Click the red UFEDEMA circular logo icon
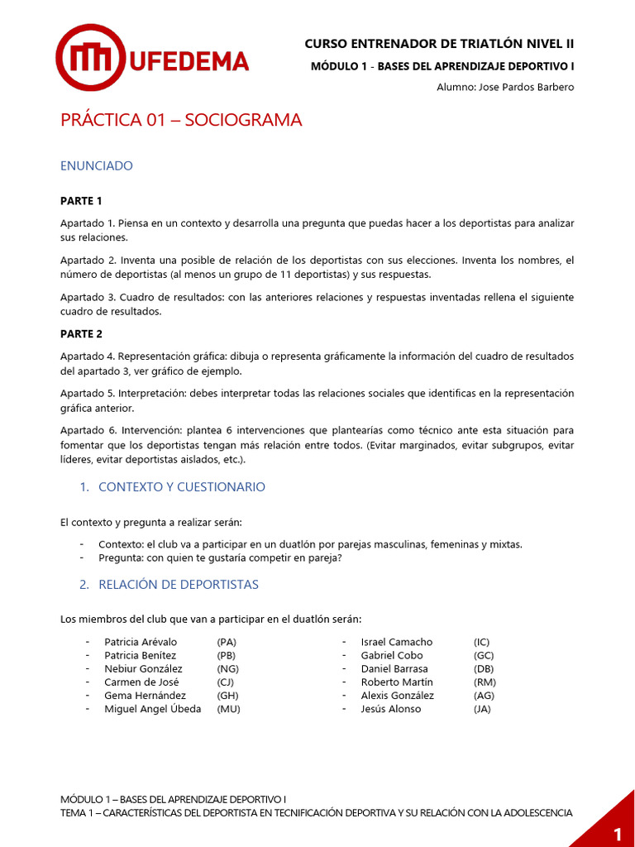coord(90,57)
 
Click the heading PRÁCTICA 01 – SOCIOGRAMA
coord(181,120)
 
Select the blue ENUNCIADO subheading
coord(96,165)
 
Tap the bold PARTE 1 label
coord(81,201)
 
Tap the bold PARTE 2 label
coord(81,334)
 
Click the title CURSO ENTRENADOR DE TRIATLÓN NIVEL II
coord(439,44)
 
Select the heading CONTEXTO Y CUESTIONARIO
coord(181,487)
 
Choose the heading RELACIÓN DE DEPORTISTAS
coord(178,585)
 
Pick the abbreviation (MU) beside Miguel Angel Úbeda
coord(228,709)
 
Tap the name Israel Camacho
coord(397,642)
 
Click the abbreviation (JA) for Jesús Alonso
coord(482,709)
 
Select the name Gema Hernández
coord(146,696)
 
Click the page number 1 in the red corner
coord(617,831)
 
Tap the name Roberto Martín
coord(397,682)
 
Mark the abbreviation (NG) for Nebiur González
coord(228,668)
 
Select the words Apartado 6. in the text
coord(87,430)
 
